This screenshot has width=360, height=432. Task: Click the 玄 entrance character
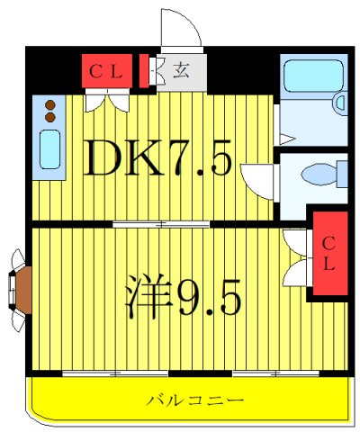pyautogui.click(x=180, y=70)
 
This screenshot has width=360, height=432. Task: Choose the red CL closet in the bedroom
pyautogui.click(x=328, y=253)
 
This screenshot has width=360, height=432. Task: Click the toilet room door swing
pyautogui.click(x=261, y=180)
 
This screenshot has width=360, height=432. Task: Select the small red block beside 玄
pyautogui.click(x=145, y=70)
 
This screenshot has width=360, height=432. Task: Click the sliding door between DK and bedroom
pyautogui.click(x=162, y=222)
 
